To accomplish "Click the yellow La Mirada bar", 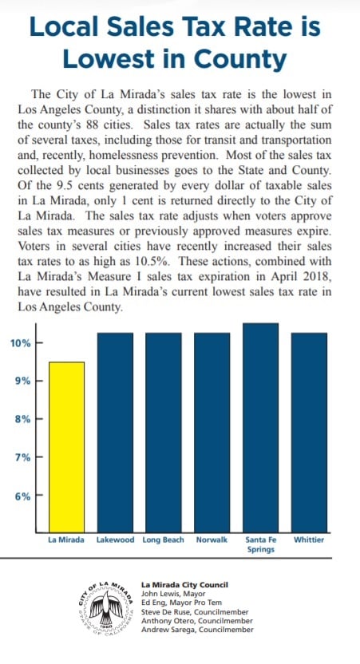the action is tap(66, 447).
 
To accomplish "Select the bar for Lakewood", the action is tap(115, 433).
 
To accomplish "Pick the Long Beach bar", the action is tap(164, 433).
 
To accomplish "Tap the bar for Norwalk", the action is tap(212, 433).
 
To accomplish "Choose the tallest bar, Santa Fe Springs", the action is tap(260, 428).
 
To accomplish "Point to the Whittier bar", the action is tap(309, 433).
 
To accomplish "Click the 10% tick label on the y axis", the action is tap(20, 343).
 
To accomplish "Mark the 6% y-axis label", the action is tap(23, 496).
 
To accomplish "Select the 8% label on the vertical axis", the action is tap(23, 419).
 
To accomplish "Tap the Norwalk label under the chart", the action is tap(212, 540).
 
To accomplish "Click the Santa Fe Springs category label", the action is tap(261, 544).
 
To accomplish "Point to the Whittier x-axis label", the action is tap(309, 540).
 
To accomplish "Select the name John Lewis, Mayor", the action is tap(173, 594).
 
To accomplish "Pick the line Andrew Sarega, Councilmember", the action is tap(197, 630).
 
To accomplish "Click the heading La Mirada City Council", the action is tap(184, 585).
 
